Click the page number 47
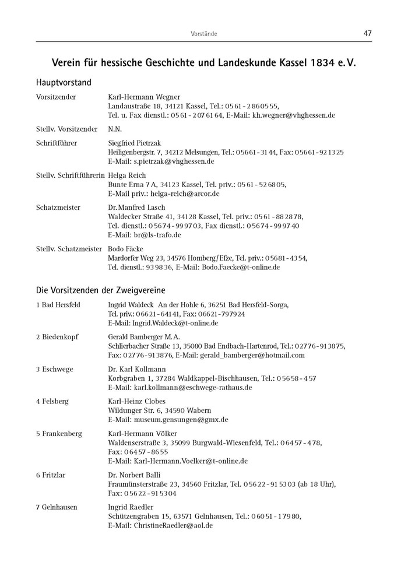coord(367,33)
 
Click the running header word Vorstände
coord(204,34)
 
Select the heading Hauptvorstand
coord(64,82)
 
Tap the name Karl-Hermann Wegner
coord(144,97)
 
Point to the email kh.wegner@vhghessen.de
coord(293,115)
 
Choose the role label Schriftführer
coord(57,143)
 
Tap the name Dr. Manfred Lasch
coord(136,208)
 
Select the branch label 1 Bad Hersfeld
coord(58,304)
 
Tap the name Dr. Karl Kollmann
coord(137,369)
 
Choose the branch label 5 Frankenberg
coord(59,434)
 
